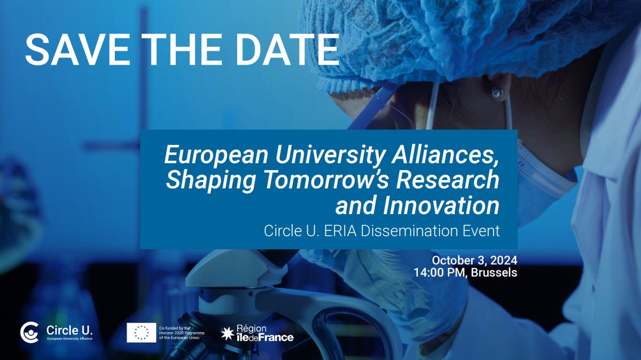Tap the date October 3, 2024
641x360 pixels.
click(x=474, y=261)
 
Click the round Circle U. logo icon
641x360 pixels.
click(x=29, y=333)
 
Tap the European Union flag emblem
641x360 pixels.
click(x=142, y=333)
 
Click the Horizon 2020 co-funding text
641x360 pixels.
click(x=182, y=333)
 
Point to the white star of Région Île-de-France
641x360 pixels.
click(x=227, y=333)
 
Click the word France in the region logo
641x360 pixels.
click(x=277, y=338)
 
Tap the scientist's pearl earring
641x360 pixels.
click(x=497, y=93)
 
